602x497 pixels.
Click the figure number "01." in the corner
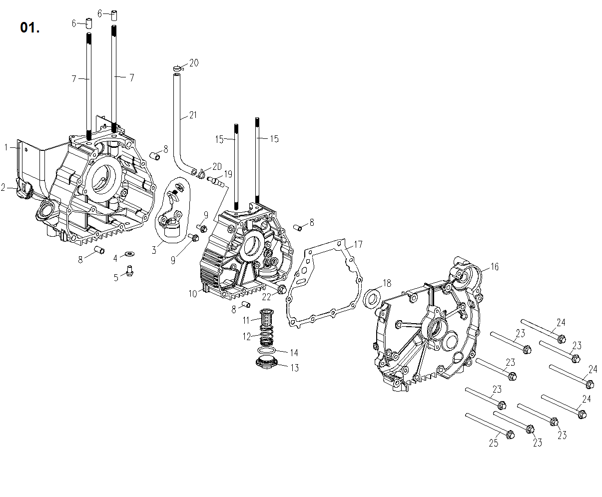(x=30, y=28)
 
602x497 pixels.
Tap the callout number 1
(x=6, y=147)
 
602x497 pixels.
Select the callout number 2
(x=3, y=187)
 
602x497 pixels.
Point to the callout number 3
(x=154, y=250)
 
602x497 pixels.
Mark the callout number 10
(x=193, y=294)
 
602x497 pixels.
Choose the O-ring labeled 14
(x=269, y=351)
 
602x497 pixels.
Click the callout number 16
(x=494, y=267)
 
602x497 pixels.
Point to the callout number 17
(x=358, y=244)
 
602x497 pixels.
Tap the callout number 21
(x=192, y=115)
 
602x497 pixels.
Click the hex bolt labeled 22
(x=281, y=289)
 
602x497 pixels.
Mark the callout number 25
(x=494, y=443)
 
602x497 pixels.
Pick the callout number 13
(x=294, y=368)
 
